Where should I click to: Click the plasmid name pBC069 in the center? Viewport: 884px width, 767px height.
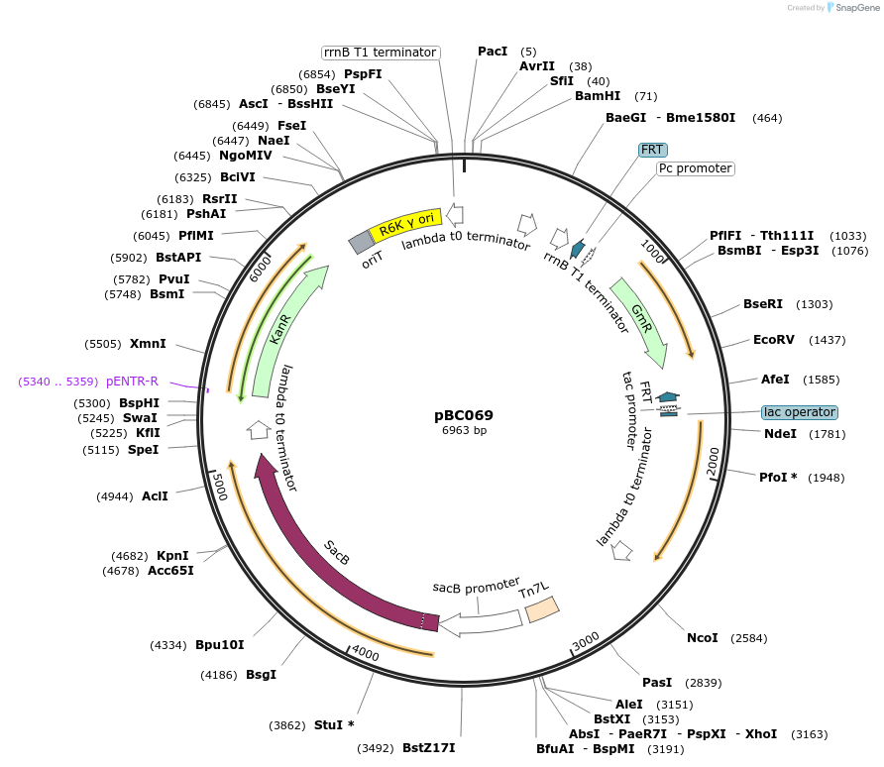463,415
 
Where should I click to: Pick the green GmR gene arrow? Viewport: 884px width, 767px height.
641,317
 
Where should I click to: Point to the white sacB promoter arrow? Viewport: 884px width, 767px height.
481,622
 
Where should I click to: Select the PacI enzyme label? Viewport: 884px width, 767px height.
493,51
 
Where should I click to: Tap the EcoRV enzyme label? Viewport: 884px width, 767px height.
773,339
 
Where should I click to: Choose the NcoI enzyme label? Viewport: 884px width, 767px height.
702,637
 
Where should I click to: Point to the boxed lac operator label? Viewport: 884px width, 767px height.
799,411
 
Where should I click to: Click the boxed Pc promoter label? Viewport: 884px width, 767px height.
695,168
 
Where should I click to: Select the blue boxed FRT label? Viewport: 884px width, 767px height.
652,149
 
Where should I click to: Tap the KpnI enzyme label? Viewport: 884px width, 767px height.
172,556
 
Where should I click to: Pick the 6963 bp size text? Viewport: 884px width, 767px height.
463,431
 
